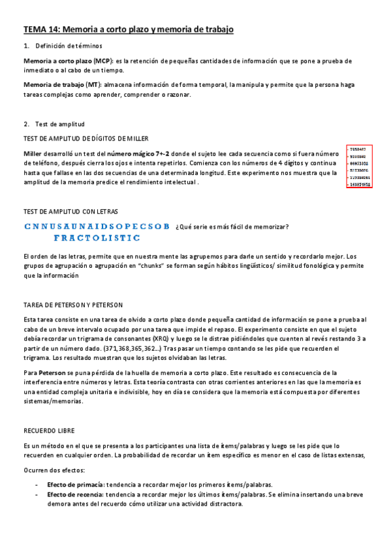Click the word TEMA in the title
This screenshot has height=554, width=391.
click(x=35, y=29)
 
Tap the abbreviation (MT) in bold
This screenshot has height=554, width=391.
click(x=92, y=85)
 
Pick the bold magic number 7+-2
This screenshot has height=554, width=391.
click(x=153, y=152)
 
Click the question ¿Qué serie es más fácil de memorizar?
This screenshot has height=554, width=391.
click(x=232, y=227)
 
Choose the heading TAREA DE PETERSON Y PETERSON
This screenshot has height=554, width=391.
click(x=72, y=305)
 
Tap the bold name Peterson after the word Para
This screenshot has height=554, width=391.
click(x=48, y=372)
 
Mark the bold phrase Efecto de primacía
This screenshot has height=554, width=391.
click(x=75, y=485)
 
